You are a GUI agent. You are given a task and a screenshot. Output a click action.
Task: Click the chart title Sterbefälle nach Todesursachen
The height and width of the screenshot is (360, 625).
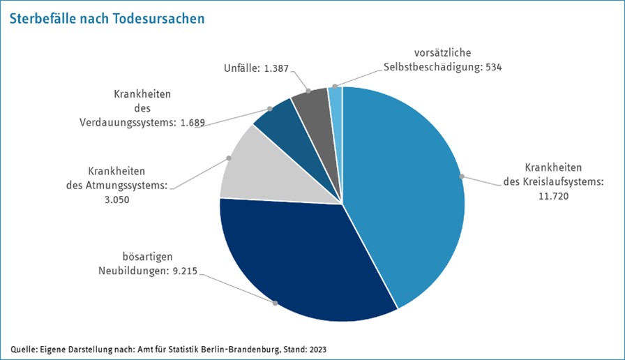point(107,18)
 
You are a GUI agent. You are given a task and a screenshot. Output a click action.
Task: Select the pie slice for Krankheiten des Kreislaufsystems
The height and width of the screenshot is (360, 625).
point(405,195)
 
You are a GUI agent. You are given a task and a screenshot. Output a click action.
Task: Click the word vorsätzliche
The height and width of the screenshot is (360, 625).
point(443,54)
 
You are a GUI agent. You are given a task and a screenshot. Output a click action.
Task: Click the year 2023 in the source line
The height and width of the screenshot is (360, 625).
point(317,348)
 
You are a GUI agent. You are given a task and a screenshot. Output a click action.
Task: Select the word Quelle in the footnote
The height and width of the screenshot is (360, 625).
point(23,348)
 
